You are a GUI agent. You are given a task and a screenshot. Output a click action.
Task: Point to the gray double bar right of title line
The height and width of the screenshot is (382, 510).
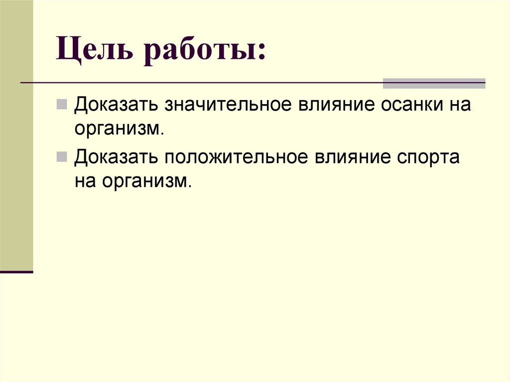[x=434, y=83]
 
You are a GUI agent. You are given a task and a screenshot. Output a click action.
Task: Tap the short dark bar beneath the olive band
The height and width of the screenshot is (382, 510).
[x=16, y=272]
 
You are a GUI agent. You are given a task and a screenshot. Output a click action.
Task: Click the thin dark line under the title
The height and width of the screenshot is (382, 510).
[x=199, y=83]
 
